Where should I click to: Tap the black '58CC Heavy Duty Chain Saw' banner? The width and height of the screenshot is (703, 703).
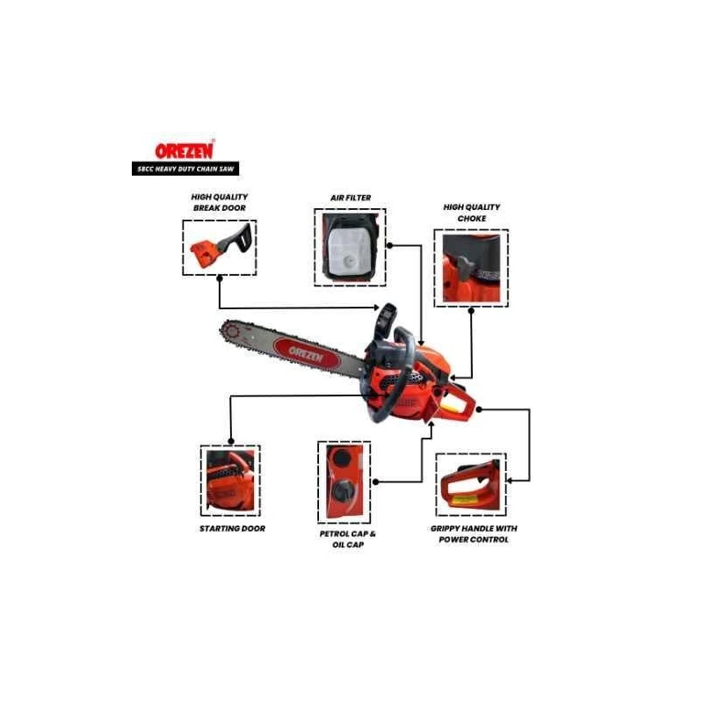182,168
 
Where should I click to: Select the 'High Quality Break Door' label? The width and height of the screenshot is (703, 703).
219,201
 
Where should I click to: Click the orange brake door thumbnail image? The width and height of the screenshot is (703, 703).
220,248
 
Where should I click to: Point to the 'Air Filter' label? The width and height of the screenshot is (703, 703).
350,199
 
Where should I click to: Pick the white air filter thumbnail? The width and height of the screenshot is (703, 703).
350,247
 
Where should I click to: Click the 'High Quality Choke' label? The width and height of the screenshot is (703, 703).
471,213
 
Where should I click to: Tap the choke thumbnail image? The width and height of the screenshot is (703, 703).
471,267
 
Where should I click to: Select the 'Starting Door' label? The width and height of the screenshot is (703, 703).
231,529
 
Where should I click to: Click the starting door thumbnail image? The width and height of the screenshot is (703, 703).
230,481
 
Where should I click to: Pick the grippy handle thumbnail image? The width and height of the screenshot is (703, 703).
471,485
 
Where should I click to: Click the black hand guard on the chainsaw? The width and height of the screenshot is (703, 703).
387,318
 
